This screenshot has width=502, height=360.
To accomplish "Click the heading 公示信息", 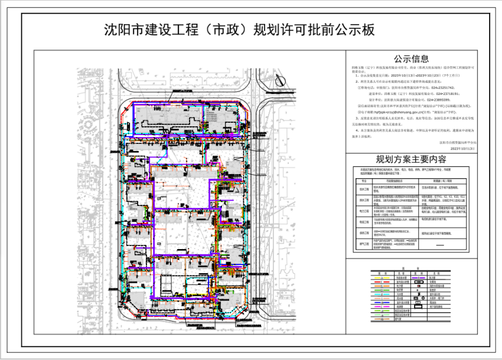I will pos(412,59).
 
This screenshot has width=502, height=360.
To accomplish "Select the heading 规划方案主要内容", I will pos(412,160).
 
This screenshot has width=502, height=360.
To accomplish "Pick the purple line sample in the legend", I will pos(418,277).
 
